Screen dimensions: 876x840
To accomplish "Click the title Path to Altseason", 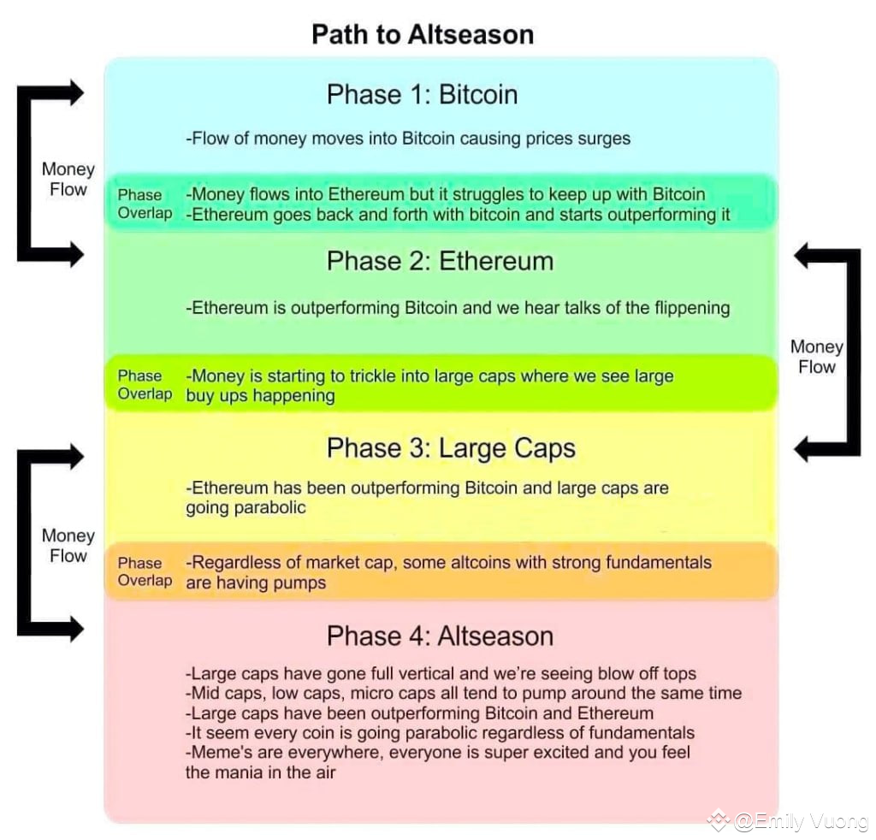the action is point(423,34).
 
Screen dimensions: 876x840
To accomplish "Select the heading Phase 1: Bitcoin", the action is point(423,94).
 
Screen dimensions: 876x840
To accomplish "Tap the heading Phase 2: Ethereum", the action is point(441,262).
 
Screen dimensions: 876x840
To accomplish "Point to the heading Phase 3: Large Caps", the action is point(451,448).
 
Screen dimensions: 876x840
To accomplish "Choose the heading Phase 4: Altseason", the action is point(441,636).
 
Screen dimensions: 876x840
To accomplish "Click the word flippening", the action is point(692,308).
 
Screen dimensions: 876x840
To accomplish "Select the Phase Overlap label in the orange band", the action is point(145,571).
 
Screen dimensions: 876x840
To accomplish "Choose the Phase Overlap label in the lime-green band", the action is point(145,385).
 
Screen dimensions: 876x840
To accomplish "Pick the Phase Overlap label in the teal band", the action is point(145,204).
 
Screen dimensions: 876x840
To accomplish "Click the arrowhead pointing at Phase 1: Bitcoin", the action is point(76,92).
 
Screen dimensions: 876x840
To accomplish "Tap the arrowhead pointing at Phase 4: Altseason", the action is point(76,629).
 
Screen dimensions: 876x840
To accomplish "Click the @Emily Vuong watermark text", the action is point(801,821).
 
